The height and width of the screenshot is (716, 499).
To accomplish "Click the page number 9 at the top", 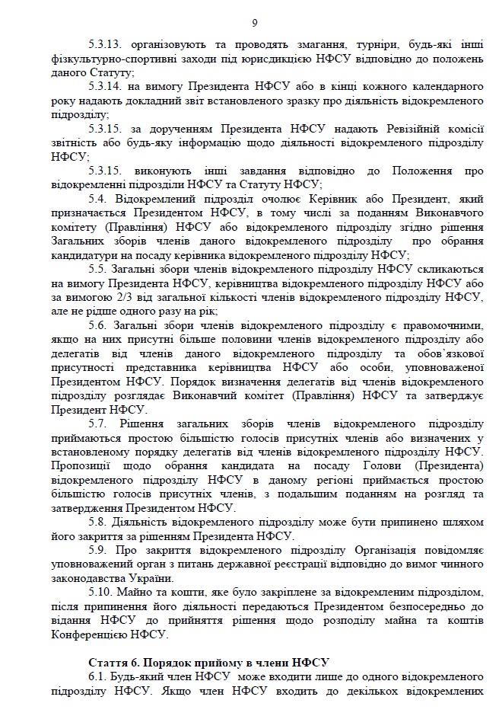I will pos(254,22).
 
